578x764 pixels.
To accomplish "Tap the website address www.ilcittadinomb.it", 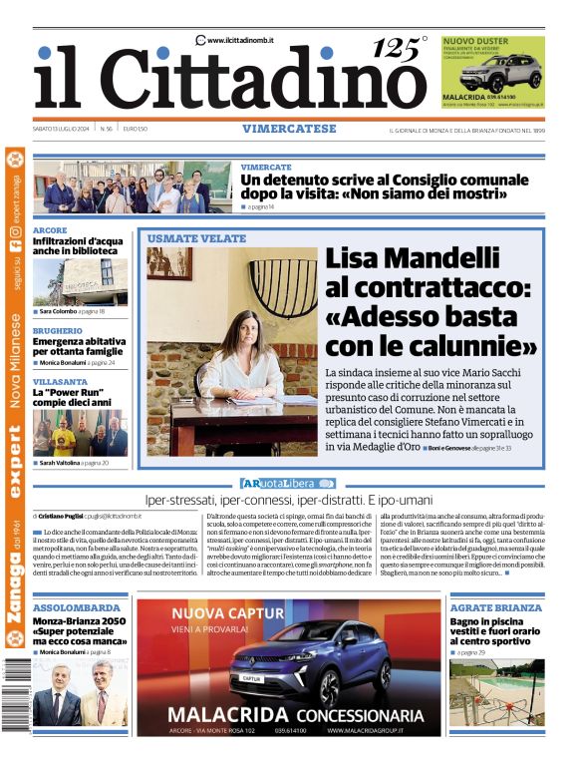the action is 240,40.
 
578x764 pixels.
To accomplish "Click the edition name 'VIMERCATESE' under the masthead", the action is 288,129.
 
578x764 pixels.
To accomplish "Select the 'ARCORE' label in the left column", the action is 50,230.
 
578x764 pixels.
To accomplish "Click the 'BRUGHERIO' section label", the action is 57,330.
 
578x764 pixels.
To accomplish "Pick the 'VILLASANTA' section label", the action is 60,382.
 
